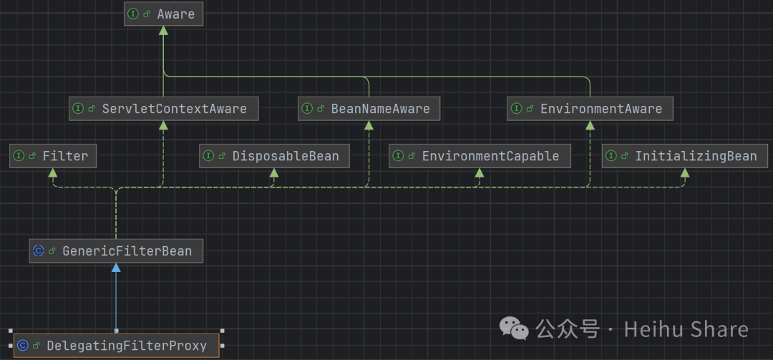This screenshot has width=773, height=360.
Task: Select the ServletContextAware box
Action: pos(163,109)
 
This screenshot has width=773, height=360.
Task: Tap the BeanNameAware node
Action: pos(369,109)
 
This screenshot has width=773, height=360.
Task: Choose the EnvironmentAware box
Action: pos(590,109)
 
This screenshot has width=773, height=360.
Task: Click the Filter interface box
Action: pos(53,156)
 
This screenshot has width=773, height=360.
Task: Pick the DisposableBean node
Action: pos(273,156)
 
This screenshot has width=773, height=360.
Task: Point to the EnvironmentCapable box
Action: pos(480,156)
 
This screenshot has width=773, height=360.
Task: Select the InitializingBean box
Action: pos(685,156)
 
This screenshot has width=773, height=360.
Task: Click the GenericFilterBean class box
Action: pos(116,251)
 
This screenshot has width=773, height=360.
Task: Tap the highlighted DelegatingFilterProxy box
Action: pos(116,346)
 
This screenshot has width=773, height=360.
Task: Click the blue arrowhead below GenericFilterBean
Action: pos(116,268)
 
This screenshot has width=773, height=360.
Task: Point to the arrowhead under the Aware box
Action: pos(163,30)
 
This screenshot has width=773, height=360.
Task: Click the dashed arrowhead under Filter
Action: pos(53,172)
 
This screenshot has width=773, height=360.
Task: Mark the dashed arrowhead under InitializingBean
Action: pos(685,172)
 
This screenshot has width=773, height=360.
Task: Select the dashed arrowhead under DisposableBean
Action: pos(273,172)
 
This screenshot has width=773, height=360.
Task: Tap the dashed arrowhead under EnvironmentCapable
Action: pos(480,172)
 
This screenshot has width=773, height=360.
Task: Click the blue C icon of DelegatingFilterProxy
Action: pos(23,346)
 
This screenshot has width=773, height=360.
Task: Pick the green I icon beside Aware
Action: pos(133,14)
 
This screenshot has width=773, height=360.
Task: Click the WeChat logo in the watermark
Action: pos(515,329)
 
